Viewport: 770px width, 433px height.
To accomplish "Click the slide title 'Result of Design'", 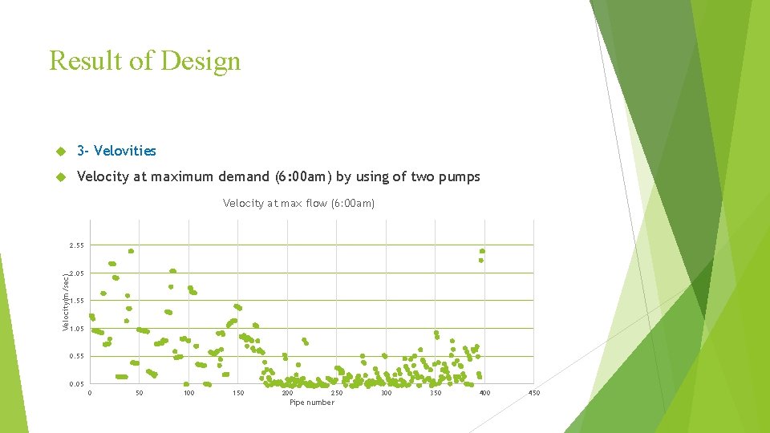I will click(x=144, y=61).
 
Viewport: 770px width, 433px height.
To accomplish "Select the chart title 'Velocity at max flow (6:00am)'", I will click(x=298, y=204).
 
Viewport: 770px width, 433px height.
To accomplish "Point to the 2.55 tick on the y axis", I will click(x=76, y=245).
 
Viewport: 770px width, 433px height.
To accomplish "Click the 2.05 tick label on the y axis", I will click(x=76, y=273).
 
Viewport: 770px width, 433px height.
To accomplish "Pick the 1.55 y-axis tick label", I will click(x=76, y=301).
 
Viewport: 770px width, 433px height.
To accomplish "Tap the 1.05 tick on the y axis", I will click(x=76, y=329).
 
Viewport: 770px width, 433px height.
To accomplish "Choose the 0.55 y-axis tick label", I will click(x=76, y=356).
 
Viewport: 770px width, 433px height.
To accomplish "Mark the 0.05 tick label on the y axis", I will click(x=76, y=384).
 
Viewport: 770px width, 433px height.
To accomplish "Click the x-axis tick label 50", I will click(x=140, y=393).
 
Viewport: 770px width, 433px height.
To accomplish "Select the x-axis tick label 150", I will click(x=238, y=393).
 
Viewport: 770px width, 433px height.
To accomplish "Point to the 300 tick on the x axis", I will click(x=386, y=393).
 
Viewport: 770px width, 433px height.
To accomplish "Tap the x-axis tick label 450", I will click(x=534, y=393).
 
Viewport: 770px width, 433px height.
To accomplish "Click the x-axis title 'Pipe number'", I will click(x=312, y=403).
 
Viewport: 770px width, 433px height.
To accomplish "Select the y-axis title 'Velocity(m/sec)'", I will click(x=66, y=301).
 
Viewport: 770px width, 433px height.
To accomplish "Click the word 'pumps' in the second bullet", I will click(x=460, y=176).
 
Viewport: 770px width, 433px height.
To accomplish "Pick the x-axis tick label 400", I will click(x=484, y=393).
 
